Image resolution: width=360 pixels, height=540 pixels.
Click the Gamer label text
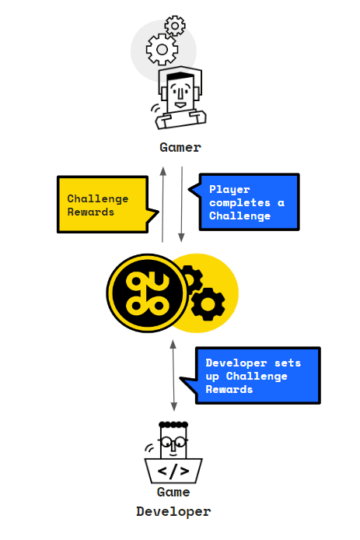[x=180, y=147]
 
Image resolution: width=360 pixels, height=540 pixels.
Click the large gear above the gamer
[x=163, y=51]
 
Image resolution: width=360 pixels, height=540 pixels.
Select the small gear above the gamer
[x=176, y=25]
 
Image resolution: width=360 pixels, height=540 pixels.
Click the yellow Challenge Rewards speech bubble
[x=103, y=205]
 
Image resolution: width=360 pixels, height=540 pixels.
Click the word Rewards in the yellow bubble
[x=90, y=212]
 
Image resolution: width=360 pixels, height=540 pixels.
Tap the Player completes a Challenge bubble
[x=248, y=202]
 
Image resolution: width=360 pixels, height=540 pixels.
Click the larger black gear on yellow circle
[x=207, y=304]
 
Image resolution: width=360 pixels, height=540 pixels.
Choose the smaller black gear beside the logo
[x=189, y=279]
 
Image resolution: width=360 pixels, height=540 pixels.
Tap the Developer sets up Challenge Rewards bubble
[x=257, y=376]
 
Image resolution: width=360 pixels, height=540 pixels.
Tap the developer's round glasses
[x=173, y=441]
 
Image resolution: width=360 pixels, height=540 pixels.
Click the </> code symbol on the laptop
[x=173, y=471]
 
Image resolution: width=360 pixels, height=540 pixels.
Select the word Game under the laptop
[x=173, y=493]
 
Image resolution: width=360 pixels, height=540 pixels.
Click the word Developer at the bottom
[x=173, y=511]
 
